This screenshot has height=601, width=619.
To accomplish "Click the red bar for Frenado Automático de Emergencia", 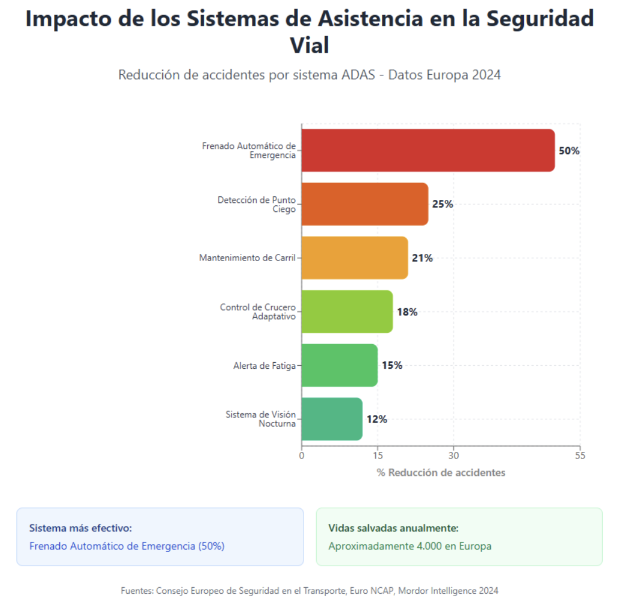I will tap(427, 150).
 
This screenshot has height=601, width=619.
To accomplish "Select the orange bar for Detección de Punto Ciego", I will tap(365, 204).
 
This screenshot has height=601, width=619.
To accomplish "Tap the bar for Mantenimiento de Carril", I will tap(354, 258).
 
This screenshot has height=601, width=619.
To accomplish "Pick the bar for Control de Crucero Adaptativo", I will tap(347, 311).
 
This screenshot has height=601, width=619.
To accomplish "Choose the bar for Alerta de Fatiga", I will tap(339, 365).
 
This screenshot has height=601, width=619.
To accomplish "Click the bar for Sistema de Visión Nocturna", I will tap(332, 419).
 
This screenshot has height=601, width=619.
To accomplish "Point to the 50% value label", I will tap(569, 151).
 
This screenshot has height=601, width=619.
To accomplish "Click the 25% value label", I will tap(442, 204).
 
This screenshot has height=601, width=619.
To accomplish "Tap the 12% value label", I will tap(377, 419).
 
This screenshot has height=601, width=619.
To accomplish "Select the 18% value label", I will tap(407, 312).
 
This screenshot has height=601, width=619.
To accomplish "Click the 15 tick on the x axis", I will tap(377, 456).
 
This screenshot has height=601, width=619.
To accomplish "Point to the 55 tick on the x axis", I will tap(579, 456).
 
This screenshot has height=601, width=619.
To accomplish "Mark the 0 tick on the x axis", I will tap(302, 456).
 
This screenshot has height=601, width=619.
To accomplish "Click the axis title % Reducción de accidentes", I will tap(441, 472).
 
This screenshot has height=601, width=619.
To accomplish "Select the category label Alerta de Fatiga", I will tap(264, 366).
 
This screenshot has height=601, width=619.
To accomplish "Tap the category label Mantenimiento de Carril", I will tap(247, 258).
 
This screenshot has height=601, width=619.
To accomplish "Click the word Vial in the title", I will tap(309, 45).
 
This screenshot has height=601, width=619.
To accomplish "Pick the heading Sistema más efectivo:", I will tap(80, 528).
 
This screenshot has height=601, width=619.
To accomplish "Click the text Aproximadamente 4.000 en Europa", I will tap(409, 546).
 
